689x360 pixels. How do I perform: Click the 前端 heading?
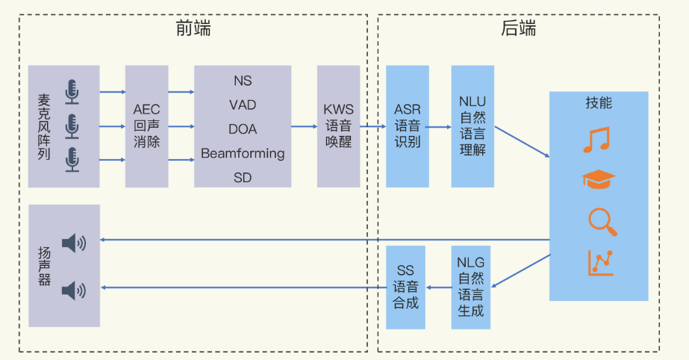[x=193, y=28]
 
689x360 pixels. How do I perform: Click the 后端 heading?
[x=519, y=28]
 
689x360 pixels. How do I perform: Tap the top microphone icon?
[x=72, y=92]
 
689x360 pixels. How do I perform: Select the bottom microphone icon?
[x=72, y=159]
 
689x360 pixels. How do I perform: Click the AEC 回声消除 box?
[x=147, y=125]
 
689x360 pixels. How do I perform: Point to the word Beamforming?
[x=243, y=153]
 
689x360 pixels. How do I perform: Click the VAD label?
[x=243, y=105]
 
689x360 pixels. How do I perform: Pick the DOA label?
[x=243, y=129]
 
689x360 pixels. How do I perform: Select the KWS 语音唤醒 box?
[x=338, y=125]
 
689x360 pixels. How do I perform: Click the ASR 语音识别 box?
[x=408, y=125]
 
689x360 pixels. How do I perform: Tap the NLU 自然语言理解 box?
[x=473, y=125]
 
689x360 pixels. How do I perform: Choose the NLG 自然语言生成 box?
[x=472, y=287]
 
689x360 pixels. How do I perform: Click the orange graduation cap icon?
[x=598, y=180]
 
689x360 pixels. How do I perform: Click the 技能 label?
[x=599, y=103]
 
